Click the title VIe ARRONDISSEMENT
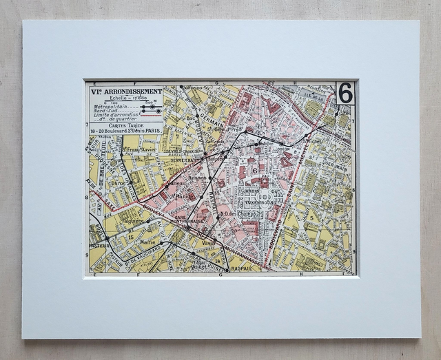pos(125,91)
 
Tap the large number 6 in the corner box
pos(345,92)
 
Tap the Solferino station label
pos(193,87)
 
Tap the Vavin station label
pos(209,242)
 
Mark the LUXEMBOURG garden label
pos(263,203)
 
